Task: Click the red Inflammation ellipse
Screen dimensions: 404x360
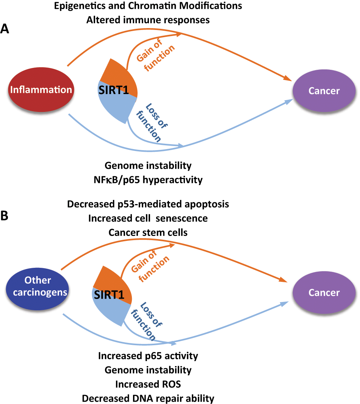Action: [x=41, y=90]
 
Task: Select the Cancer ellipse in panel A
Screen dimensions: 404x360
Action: [x=324, y=91]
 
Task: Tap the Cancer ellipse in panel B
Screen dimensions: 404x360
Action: [x=324, y=292]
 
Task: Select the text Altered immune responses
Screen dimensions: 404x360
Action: [x=148, y=20]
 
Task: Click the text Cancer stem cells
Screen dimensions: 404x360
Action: [x=148, y=232]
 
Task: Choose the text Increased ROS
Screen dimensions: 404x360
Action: [x=148, y=384]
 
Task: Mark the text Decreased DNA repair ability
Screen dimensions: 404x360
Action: [x=148, y=398]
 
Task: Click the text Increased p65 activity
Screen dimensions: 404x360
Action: [x=148, y=356]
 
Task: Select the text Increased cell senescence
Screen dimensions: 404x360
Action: [x=148, y=218]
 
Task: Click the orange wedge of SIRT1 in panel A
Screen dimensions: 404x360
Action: [x=117, y=72]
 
